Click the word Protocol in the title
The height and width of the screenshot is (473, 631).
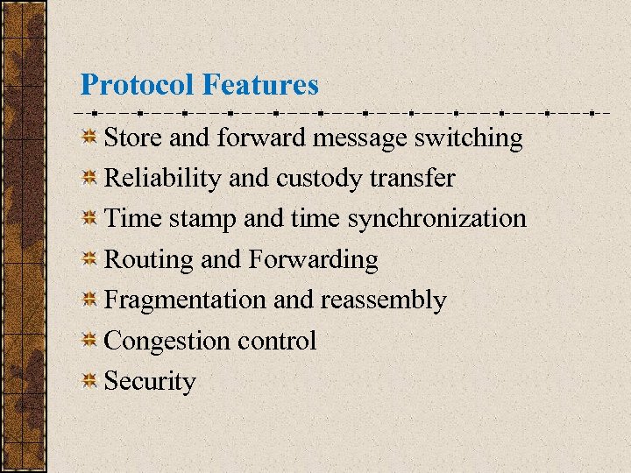tap(138, 85)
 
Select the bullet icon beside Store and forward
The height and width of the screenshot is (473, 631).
tap(89, 138)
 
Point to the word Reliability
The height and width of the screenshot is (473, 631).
tap(163, 179)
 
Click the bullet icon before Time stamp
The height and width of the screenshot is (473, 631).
tap(89, 219)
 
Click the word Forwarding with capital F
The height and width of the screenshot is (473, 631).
tap(314, 260)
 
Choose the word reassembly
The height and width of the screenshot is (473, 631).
tap(384, 300)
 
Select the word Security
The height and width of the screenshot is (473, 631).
tap(150, 382)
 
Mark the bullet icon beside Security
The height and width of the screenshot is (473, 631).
tap(89, 381)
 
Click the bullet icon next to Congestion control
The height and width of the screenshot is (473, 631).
tap(89, 341)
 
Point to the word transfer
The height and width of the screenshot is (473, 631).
tap(412, 179)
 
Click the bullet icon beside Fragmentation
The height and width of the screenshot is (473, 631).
tap(89, 300)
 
